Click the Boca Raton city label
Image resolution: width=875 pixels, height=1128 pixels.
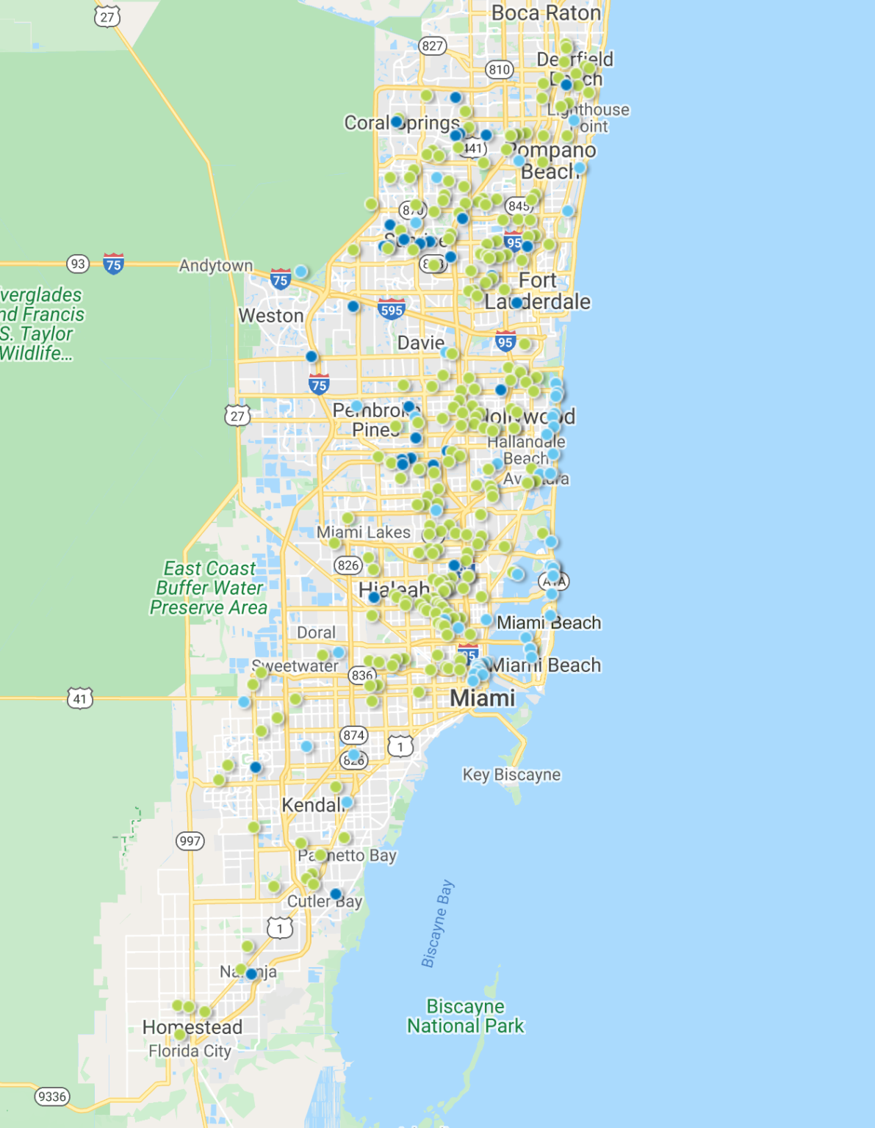(x=545, y=13)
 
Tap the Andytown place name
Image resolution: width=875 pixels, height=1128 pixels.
(x=215, y=266)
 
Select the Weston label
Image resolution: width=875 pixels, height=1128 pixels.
(x=270, y=316)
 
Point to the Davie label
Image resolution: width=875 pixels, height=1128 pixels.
(x=420, y=343)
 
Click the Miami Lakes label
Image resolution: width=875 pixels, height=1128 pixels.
(x=363, y=532)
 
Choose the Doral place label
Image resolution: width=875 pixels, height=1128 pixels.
(x=316, y=632)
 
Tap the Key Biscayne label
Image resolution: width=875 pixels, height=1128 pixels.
(x=511, y=775)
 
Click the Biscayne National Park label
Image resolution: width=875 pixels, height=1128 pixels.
(x=466, y=1016)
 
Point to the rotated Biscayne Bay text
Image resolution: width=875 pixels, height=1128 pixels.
(x=437, y=924)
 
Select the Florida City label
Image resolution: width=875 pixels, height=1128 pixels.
(x=190, y=1051)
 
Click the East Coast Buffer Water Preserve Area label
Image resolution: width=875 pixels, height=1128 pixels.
(x=209, y=587)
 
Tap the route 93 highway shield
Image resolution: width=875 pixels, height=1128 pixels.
(x=78, y=264)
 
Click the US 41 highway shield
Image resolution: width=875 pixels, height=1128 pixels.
(x=80, y=698)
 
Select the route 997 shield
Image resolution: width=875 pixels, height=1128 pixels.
(x=190, y=841)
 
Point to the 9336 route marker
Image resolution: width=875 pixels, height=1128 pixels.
(x=52, y=1096)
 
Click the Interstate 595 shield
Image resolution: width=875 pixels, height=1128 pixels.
(x=392, y=310)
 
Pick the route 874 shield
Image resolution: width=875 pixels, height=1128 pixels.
(x=353, y=735)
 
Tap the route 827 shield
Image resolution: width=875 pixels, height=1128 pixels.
(x=432, y=46)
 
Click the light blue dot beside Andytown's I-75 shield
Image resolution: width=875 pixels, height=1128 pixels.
(x=300, y=272)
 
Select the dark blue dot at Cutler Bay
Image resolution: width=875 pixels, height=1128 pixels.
(x=336, y=894)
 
